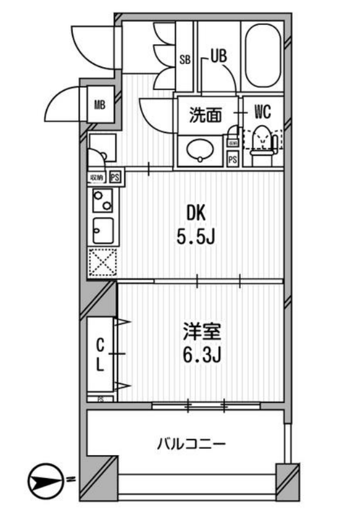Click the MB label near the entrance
(99, 105)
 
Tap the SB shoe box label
(185, 60)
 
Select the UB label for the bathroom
(218, 56)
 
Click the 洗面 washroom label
(205, 115)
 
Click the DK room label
(195, 213)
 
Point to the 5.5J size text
(195, 237)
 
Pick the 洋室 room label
(200, 331)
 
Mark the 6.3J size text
(200, 355)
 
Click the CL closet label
(99, 354)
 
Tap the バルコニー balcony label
(190, 444)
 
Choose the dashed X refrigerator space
(101, 262)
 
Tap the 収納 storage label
(96, 177)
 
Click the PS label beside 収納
(114, 177)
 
